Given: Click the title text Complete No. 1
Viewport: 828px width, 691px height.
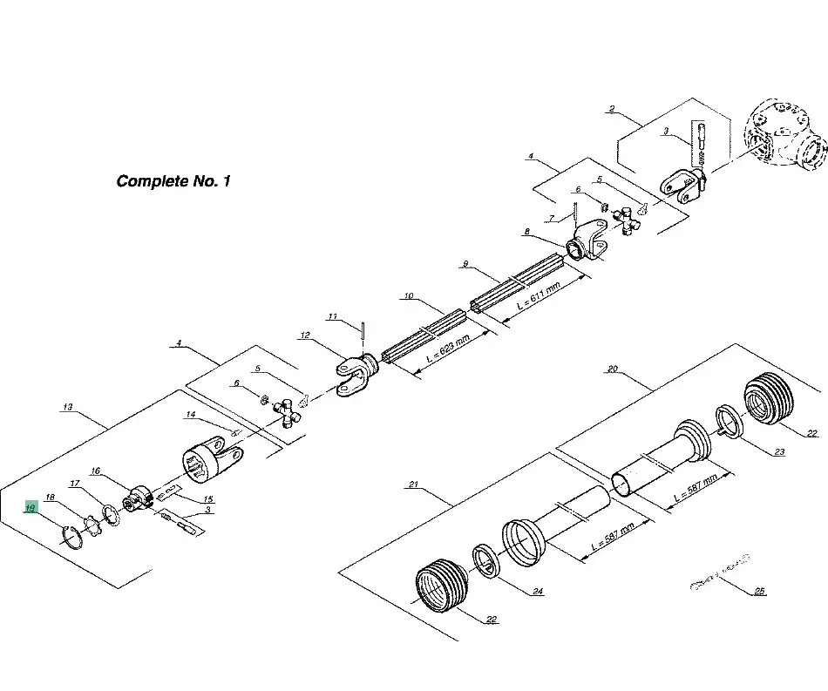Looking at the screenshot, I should click(173, 182).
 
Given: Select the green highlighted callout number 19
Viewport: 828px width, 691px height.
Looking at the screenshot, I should click(31, 507).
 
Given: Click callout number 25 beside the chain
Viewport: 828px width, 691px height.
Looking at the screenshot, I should click(760, 592).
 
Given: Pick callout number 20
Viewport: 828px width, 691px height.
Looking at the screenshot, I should click(612, 369).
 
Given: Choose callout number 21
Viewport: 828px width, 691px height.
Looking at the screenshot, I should click(415, 484).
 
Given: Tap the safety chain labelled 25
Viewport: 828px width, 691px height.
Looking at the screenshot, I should click(720, 574).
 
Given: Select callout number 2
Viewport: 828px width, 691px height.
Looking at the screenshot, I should click(612, 110).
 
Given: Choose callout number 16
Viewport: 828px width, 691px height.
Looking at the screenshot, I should click(96, 471).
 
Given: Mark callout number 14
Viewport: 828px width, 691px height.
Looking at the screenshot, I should click(190, 416).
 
